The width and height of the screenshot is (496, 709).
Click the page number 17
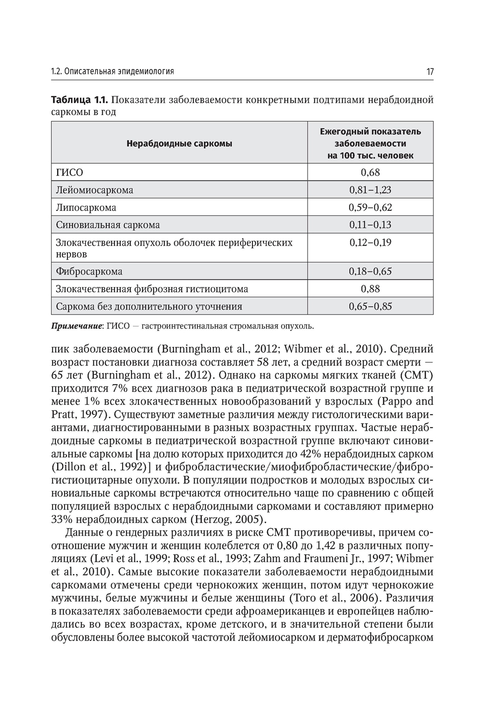pyautogui.click(x=430, y=71)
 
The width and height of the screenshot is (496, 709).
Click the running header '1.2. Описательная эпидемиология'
pyautogui.click(x=113, y=71)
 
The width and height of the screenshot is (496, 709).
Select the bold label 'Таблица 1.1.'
pyautogui.click(x=79, y=100)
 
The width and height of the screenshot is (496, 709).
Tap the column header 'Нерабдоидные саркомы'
pyautogui.click(x=179, y=144)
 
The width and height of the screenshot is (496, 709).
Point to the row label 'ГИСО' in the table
pyautogui.click(x=69, y=173)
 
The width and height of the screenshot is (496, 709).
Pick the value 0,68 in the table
pyautogui.click(x=370, y=173)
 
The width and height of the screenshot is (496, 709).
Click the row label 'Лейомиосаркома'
pyautogui.click(x=94, y=190)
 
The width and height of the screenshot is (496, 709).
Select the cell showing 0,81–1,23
pyautogui.click(x=370, y=190)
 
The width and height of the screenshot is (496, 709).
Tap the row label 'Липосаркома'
pyautogui.click(x=86, y=207)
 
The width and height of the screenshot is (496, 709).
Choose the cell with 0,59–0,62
pyautogui.click(x=370, y=207)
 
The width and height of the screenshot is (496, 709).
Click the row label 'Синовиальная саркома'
pyautogui.click(x=108, y=225)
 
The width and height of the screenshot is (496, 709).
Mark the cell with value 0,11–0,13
pyautogui.click(x=370, y=225)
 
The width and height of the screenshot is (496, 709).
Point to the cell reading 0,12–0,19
pyautogui.click(x=370, y=243)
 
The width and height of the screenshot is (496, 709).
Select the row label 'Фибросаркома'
pyautogui.click(x=89, y=271)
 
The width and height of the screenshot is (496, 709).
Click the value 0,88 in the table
pyautogui.click(x=370, y=289)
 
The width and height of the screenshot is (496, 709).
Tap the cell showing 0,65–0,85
pyautogui.click(x=370, y=306)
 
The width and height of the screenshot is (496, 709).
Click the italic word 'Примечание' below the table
pyautogui.click(x=77, y=326)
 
